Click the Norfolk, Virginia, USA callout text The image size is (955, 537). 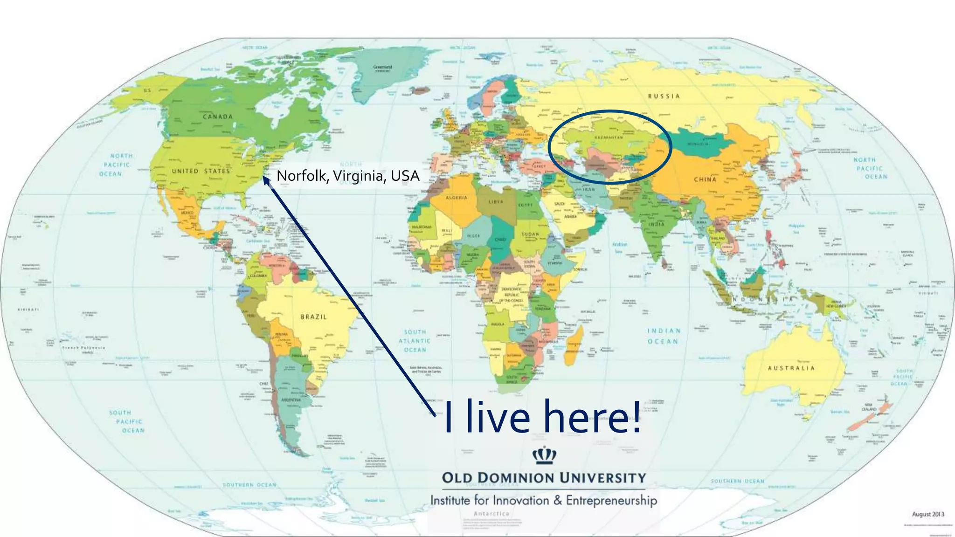coord(348,176)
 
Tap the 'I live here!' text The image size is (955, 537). coord(542,416)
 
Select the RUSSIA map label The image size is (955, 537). coord(664,96)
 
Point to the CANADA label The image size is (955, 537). coord(218,117)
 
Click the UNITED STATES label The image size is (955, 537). coord(201,171)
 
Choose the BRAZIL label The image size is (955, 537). coord(314,317)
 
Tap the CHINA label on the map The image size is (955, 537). coord(705,179)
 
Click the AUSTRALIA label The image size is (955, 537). coord(791,368)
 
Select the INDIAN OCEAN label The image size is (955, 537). coord(664,336)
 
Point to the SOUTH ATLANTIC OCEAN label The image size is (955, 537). coord(415,341)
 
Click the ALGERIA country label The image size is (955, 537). coord(456,198)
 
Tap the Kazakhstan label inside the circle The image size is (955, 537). coord(609,138)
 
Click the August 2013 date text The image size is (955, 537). coord(928,514)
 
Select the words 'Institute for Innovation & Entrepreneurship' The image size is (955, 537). coord(543,501)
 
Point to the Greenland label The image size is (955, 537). coord(383,68)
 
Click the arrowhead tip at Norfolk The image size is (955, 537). coord(264,177)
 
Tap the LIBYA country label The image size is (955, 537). coord(496,202)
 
